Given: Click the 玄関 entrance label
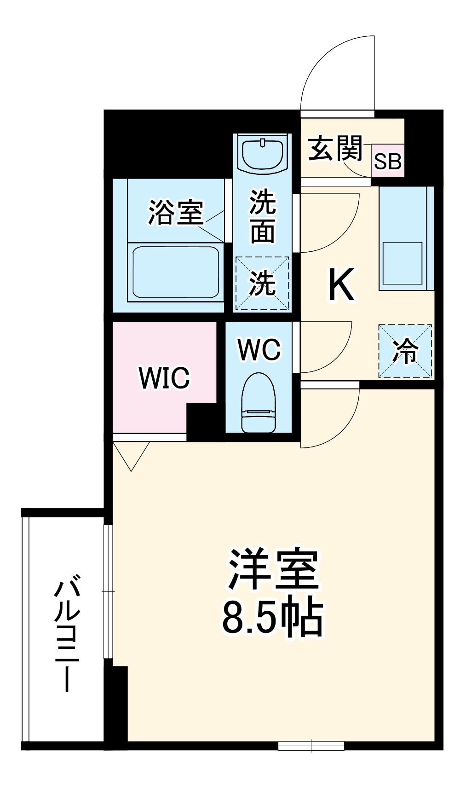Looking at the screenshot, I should click(x=335, y=148).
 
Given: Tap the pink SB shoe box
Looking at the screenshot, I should click(x=388, y=161).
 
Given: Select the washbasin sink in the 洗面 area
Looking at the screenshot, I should click(x=262, y=154).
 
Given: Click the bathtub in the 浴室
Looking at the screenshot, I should click(x=175, y=272).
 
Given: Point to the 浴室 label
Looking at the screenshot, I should click(x=175, y=213).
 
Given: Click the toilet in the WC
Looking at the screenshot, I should click(x=259, y=402).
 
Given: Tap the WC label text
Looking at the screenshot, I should click(x=259, y=350).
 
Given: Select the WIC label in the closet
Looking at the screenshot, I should click(x=164, y=377).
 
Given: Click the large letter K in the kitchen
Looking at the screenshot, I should click(x=341, y=285).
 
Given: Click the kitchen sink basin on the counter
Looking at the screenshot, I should click(x=402, y=263).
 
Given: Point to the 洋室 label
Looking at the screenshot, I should click(x=273, y=569).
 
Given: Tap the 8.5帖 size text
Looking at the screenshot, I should click(x=273, y=617).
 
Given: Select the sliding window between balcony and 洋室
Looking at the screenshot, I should click(x=108, y=591).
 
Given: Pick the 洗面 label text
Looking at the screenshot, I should click(x=263, y=216).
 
